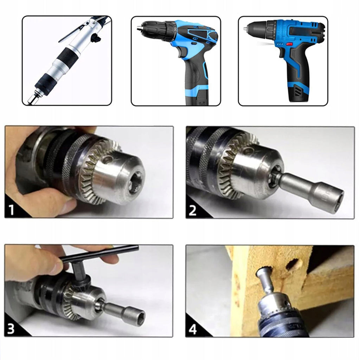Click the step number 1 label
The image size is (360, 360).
pos(11,210)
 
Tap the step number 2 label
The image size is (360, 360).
pos(192,210)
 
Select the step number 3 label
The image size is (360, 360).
pos(11,329)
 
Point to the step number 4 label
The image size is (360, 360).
pos(193,329)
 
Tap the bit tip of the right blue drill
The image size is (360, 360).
pos(245,29)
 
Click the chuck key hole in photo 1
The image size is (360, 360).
pos(107,159)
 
